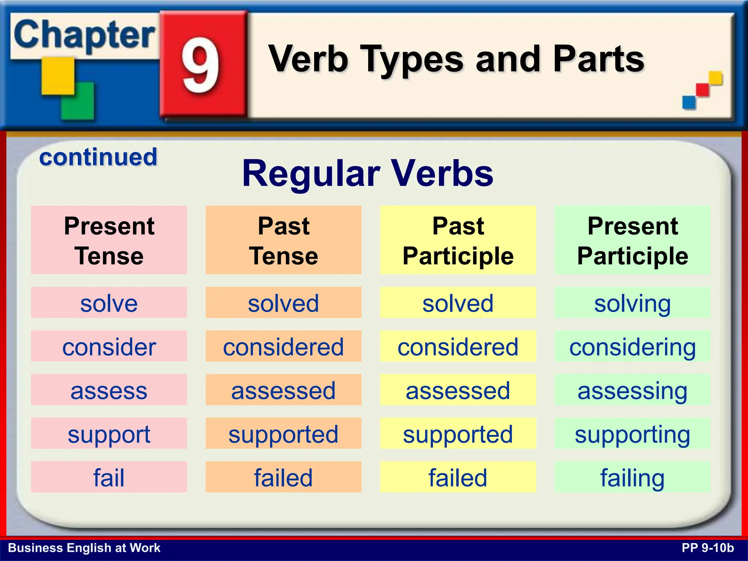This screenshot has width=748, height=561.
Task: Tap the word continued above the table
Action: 98,157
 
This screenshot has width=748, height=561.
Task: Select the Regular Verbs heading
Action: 367,173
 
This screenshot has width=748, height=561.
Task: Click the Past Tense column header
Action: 283,240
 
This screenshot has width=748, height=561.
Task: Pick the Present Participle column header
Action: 633,240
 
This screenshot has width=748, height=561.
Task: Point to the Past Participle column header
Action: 458,240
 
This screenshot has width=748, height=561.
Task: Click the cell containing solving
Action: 633,303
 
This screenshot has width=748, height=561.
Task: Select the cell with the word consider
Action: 109,346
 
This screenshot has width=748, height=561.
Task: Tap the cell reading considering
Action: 633,346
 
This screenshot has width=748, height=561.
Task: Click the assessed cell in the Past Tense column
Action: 283,390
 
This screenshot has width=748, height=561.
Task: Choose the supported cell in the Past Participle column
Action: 458,434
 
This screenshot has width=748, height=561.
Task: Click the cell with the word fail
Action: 109,477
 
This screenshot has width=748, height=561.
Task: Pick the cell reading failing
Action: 633,477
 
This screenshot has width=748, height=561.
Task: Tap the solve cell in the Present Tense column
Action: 109,303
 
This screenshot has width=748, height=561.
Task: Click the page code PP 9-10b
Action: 707,548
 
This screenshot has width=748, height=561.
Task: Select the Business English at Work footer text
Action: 84,548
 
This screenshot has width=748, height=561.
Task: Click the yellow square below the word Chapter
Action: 58,76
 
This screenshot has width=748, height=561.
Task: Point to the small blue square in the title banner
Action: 689,102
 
